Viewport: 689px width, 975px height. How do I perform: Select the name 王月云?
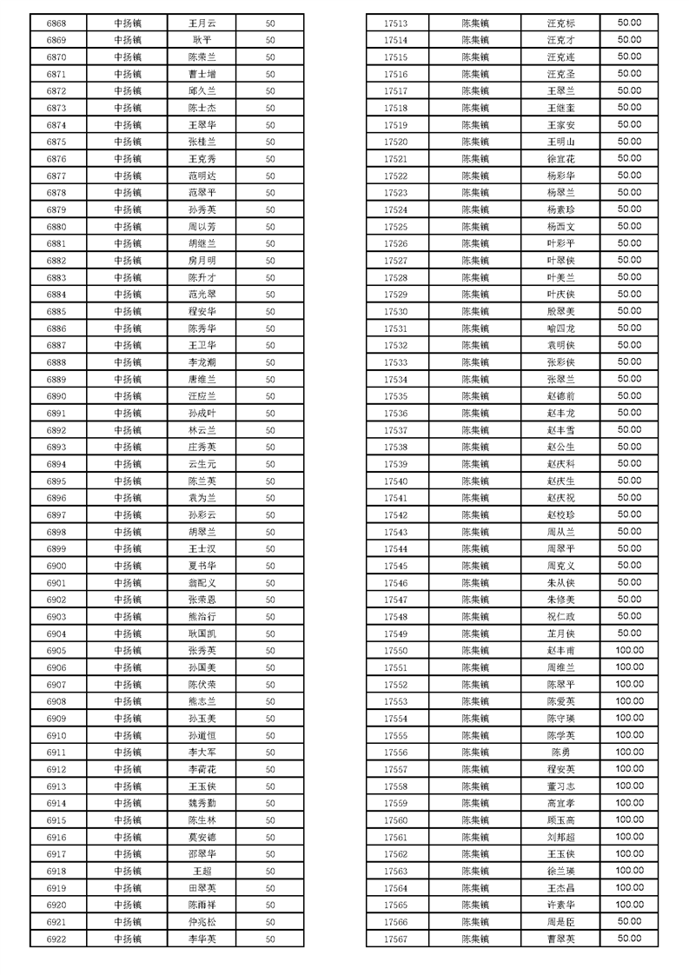[202, 23]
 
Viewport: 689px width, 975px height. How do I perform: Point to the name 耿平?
[202, 41]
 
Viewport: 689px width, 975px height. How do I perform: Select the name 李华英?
[202, 939]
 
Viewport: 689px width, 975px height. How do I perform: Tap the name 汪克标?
[560, 23]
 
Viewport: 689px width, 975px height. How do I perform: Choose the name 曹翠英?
[560, 939]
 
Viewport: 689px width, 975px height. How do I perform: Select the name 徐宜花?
[560, 159]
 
